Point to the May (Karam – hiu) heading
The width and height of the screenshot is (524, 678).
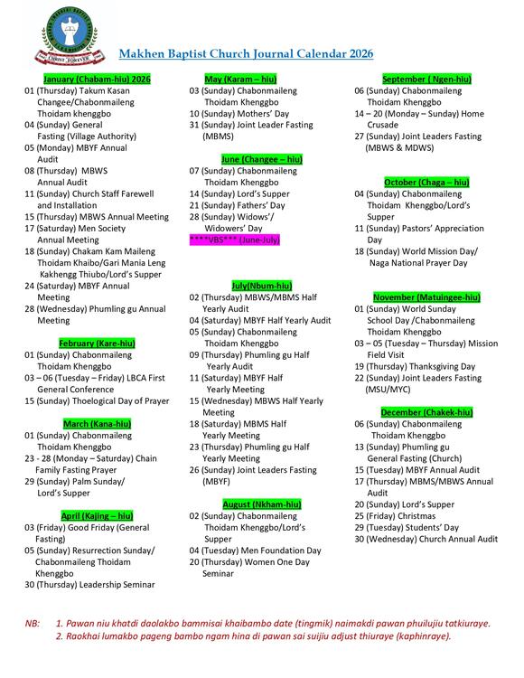(x=240, y=80)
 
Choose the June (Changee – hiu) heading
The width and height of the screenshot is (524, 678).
(x=248, y=159)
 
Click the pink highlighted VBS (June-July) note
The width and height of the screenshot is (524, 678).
(x=234, y=240)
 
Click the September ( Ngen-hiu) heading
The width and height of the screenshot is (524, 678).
(x=426, y=80)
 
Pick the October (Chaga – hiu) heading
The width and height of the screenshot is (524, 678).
(x=426, y=183)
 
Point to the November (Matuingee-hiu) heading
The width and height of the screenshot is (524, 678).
(x=426, y=297)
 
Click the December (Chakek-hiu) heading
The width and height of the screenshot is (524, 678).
(x=426, y=412)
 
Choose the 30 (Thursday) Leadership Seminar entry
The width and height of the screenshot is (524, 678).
(x=89, y=584)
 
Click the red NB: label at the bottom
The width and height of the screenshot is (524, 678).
(x=33, y=624)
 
